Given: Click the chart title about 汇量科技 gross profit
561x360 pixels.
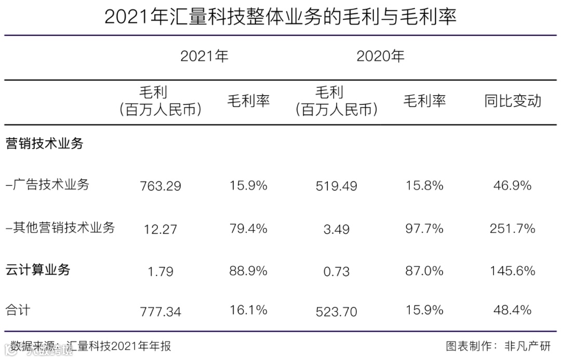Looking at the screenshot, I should pos(280,17).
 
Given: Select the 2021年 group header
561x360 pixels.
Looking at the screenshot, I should pos(204,56).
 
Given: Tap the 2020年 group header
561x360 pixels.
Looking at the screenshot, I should pos(380,56).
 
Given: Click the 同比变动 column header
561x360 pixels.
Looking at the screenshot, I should pos(512,101).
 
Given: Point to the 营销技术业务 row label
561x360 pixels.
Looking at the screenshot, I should pos(44,144).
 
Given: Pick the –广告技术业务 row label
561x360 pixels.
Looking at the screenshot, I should pos(47,185).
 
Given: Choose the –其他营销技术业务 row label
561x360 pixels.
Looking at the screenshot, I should pos(60,228).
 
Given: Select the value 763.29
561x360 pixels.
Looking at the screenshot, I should pos(161,186).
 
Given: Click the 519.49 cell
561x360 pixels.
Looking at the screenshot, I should pos(337,186).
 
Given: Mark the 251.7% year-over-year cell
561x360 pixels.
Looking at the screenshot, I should pos(512,229).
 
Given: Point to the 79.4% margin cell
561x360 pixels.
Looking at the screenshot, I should pos(248,229).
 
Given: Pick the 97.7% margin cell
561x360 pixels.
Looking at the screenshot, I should pos(424,229).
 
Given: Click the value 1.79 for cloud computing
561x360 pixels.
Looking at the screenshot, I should pos(161,271).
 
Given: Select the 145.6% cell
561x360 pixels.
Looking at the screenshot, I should pos(512,271).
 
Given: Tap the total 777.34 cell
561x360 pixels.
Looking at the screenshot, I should pos(161,311).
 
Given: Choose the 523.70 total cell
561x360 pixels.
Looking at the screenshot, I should pos(337,311).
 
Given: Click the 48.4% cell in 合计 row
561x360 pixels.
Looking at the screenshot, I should pos(512,311).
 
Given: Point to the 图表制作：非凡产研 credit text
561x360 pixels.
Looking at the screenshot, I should pos(497,346).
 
